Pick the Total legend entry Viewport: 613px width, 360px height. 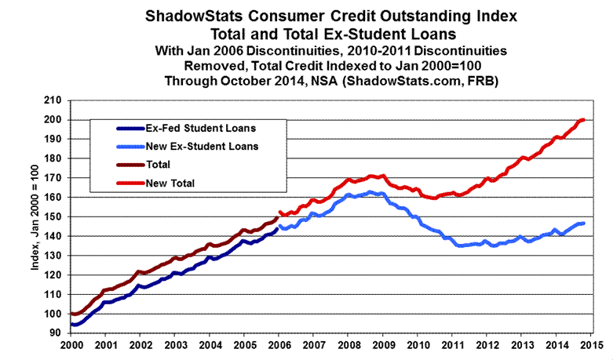[160, 165]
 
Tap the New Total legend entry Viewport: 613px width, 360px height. [170, 183]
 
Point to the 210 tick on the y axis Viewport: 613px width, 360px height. [53, 100]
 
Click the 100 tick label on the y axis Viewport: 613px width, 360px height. [53, 314]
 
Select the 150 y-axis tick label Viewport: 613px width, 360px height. [53, 216]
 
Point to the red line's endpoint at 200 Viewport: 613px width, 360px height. [584, 120]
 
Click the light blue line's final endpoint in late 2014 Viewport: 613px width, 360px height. [583, 224]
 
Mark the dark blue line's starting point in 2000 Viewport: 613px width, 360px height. [71, 324]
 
